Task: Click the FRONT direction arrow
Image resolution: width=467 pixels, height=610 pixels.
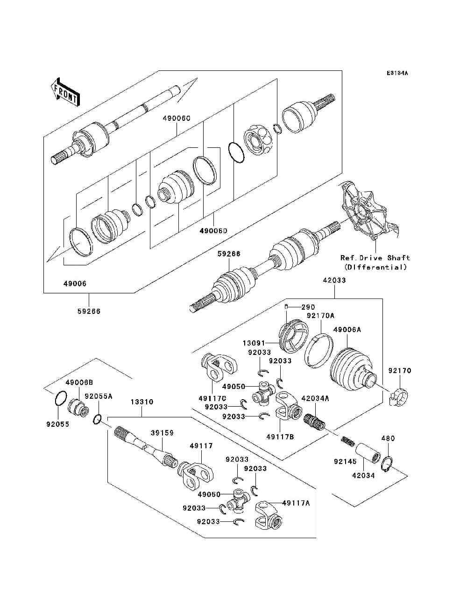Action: (64, 91)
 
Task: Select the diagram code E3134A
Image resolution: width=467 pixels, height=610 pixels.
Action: (397, 73)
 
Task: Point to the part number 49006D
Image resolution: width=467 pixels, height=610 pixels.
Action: (213, 230)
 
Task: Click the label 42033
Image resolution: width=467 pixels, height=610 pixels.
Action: (334, 281)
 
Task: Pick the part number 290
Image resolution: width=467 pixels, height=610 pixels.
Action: (308, 307)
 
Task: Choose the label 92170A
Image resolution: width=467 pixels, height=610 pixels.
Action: (320, 316)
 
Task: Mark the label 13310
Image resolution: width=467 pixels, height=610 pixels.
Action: (142, 402)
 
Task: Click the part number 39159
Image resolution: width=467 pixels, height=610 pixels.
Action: (162, 433)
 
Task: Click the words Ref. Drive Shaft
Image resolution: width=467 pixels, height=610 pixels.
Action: (375, 257)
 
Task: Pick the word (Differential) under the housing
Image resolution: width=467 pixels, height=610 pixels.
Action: (375, 267)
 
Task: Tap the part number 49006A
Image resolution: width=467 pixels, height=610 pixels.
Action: (347, 330)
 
